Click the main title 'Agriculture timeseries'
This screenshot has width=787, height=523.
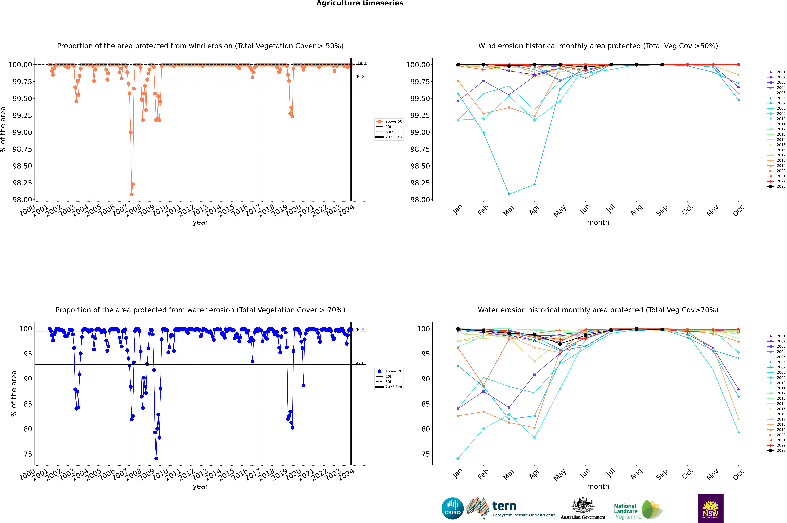click(360, 3)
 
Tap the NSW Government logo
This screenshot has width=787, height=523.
click(711, 508)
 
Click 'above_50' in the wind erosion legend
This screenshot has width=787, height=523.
click(394, 121)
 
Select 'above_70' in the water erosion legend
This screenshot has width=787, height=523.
click(394, 371)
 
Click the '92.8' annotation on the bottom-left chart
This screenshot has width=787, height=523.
click(360, 363)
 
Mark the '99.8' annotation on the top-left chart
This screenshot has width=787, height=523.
click(360, 77)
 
